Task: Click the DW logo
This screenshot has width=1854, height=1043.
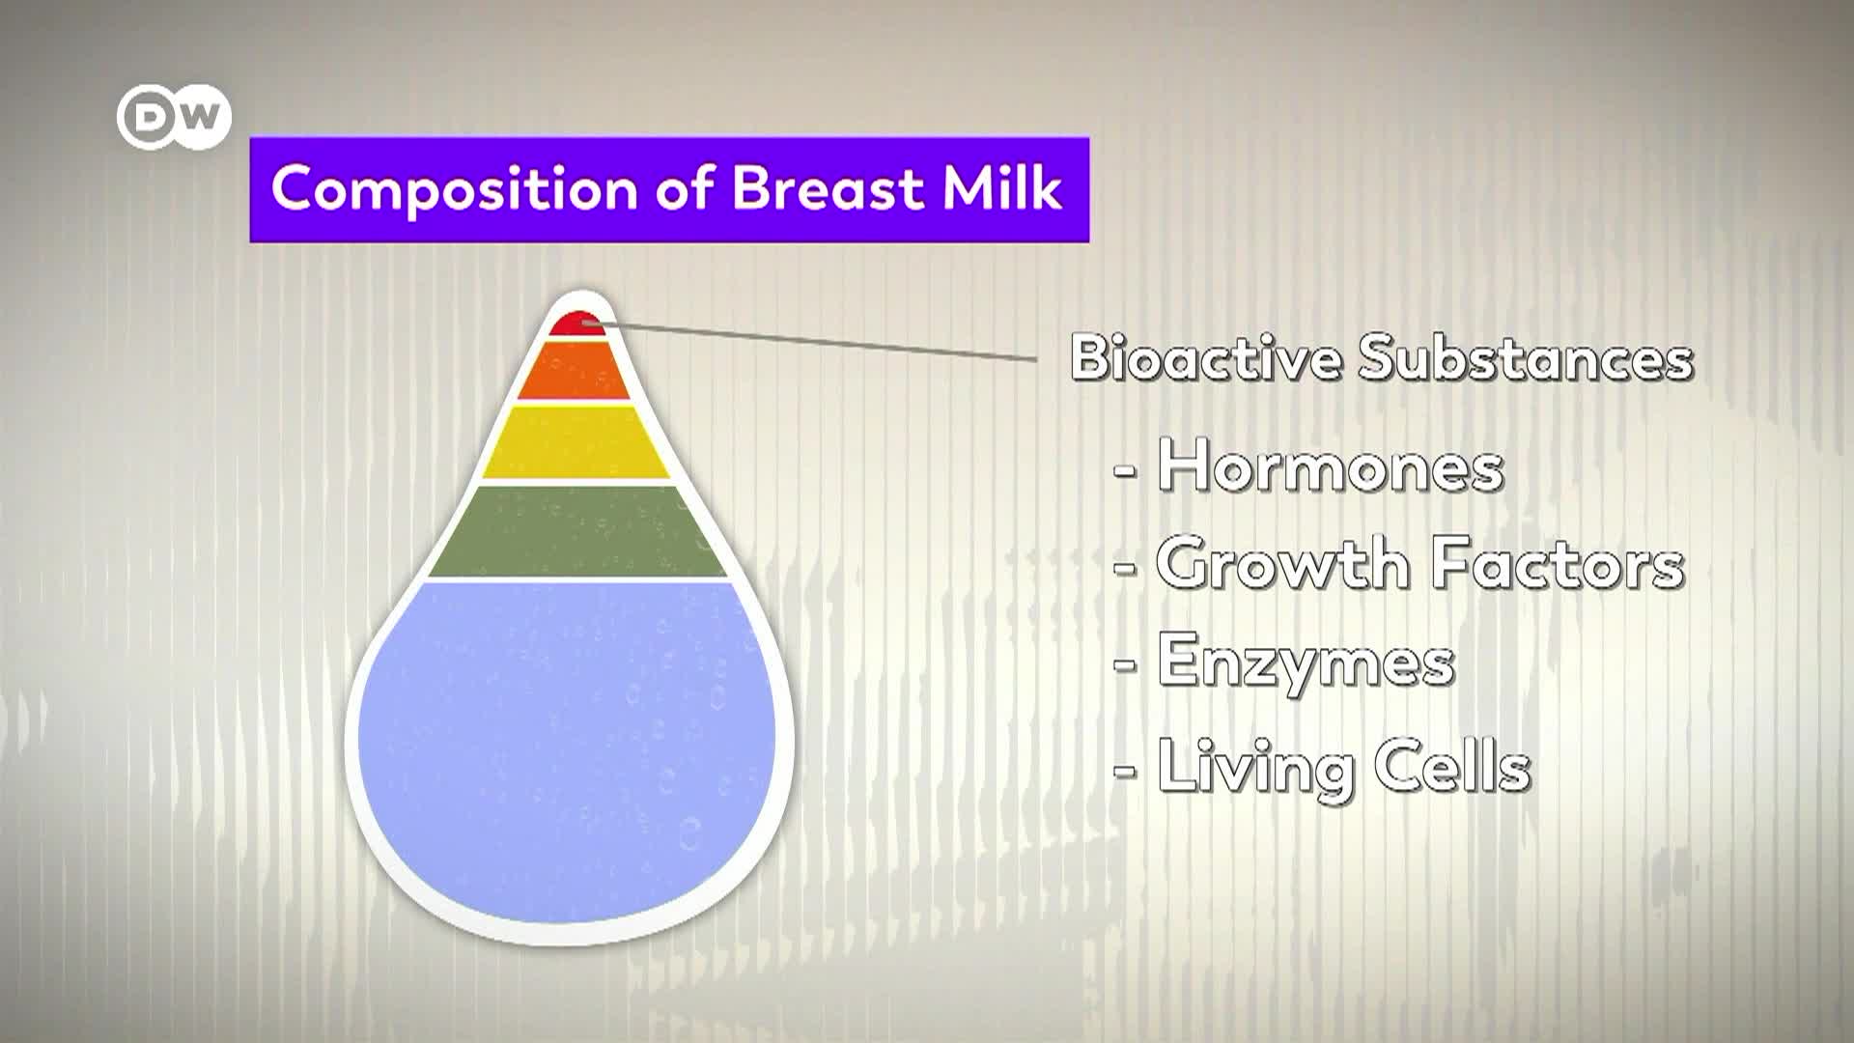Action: click(174, 118)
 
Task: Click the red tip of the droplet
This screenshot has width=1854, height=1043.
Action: click(577, 324)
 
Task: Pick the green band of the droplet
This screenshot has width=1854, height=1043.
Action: click(577, 530)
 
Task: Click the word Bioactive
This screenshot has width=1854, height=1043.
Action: click(1206, 357)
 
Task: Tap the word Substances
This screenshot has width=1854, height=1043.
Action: click(1526, 357)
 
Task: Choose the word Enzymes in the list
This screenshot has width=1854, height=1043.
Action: click(1306, 662)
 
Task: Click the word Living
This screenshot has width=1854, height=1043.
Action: click(1256, 766)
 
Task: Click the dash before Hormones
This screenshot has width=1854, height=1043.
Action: click(1125, 470)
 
